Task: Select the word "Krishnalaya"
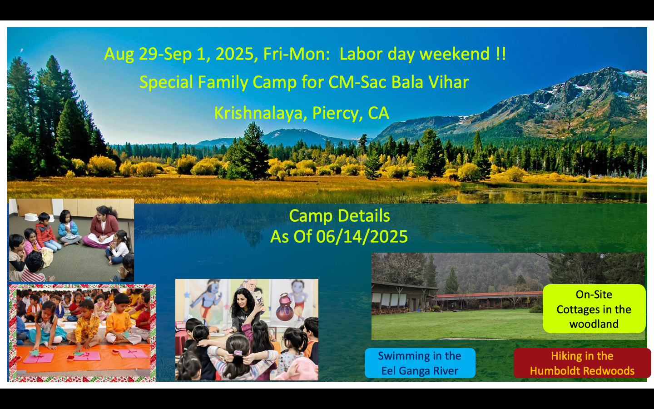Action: pos(258,113)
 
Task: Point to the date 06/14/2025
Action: pos(362,237)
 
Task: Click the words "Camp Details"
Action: pos(339,216)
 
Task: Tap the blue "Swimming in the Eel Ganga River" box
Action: pos(420,363)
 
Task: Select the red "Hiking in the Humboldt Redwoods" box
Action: pos(582,363)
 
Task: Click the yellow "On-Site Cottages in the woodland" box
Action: pos(594,309)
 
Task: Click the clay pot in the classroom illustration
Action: pos(285,308)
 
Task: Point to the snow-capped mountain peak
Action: pos(610,72)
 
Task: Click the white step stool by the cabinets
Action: pos(31,217)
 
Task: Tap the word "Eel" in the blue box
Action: pos(389,371)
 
